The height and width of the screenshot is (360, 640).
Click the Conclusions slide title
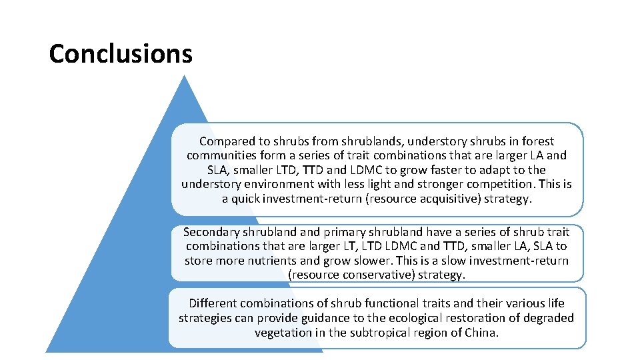coord(121,53)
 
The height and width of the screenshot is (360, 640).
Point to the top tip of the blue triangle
coord(186,76)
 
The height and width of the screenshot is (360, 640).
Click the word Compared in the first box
coord(227,141)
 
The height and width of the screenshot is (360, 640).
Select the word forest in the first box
coord(537,141)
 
